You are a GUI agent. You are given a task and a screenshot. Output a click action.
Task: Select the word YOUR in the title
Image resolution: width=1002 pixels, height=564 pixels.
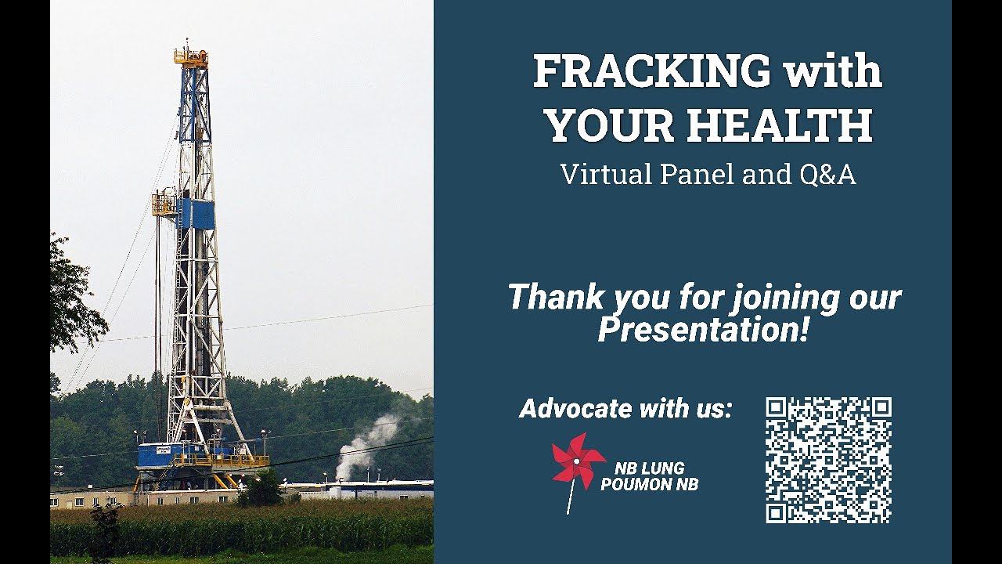tap(599, 125)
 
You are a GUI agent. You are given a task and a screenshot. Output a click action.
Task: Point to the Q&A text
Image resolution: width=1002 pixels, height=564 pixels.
tap(827, 175)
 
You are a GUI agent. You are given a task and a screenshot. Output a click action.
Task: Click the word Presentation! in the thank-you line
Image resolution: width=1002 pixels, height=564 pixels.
tap(702, 330)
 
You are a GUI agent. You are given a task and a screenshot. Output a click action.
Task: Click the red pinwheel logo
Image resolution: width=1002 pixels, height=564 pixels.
tap(578, 463)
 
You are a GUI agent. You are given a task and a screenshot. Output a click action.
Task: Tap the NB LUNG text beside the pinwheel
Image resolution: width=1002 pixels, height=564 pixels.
tap(649, 469)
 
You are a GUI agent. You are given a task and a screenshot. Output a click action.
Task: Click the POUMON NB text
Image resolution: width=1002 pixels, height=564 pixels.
tap(649, 485)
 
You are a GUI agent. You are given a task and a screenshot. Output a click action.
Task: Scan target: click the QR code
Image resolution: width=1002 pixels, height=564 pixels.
tap(828, 460)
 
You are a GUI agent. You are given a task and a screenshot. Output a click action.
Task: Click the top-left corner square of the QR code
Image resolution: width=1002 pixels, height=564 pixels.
tap(776, 407)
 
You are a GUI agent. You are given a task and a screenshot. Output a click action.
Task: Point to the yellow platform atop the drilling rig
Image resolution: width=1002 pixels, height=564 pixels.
tap(190, 57)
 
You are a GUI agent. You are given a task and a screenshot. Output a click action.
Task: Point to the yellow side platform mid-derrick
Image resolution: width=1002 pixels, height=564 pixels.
tap(163, 204)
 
